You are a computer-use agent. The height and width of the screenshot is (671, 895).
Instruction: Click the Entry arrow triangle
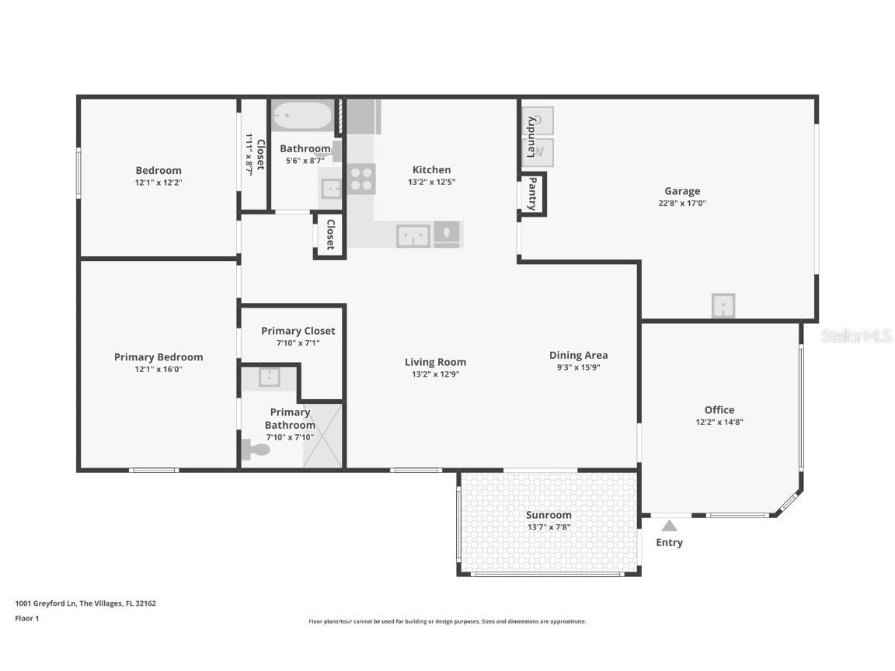pyautogui.click(x=669, y=526)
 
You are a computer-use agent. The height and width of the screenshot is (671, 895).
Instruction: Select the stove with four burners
pyautogui.click(x=360, y=179)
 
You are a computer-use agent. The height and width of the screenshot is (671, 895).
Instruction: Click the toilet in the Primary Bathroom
pyautogui.click(x=255, y=448)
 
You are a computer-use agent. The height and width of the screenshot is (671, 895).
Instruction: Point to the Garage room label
pyautogui.click(x=681, y=191)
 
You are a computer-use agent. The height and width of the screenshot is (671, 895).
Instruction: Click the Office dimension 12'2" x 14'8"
pyautogui.click(x=719, y=422)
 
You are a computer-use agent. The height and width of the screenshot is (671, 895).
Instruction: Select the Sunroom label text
pyautogui.click(x=548, y=515)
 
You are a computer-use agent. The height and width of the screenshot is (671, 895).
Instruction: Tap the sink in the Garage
pyautogui.click(x=723, y=305)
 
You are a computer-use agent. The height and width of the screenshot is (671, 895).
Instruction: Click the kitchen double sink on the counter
pyautogui.click(x=413, y=235)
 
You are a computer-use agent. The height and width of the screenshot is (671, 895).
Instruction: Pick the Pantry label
pyautogui.click(x=532, y=194)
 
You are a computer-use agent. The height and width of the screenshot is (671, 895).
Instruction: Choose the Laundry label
pyautogui.click(x=531, y=137)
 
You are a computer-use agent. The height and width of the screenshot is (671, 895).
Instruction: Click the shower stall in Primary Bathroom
pyautogui.click(x=322, y=436)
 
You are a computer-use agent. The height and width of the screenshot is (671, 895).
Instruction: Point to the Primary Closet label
pyautogui.click(x=298, y=331)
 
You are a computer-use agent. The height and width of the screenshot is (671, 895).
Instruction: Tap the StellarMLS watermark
pyautogui.click(x=856, y=335)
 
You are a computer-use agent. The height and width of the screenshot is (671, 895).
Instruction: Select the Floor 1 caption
pyautogui.click(x=26, y=619)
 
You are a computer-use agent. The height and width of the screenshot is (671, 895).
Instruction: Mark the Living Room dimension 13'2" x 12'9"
pyautogui.click(x=435, y=374)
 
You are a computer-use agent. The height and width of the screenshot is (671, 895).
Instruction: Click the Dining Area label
pyautogui.click(x=578, y=356)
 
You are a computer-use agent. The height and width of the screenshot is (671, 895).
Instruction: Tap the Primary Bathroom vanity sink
pyautogui.click(x=269, y=377)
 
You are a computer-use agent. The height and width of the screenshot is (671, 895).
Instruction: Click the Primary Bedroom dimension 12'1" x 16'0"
pyautogui.click(x=158, y=370)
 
